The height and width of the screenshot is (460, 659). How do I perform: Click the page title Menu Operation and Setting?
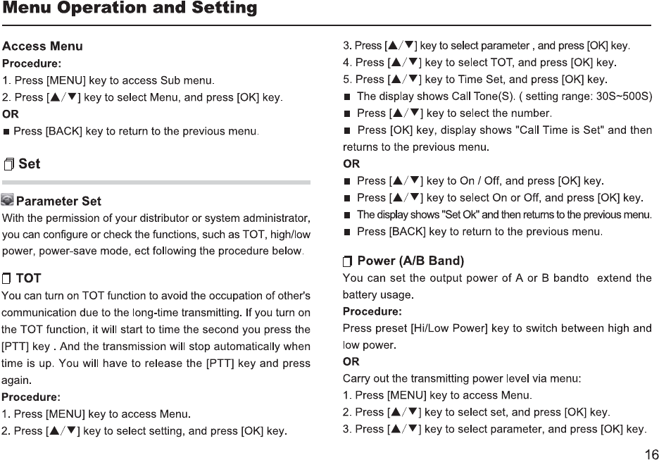pos(129,9)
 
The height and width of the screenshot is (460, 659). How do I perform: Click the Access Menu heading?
pos(42,46)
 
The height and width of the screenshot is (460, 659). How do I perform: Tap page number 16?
pos(651,453)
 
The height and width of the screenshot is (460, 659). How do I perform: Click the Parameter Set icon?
pos(8,201)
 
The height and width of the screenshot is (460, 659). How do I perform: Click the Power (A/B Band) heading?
pos(410,261)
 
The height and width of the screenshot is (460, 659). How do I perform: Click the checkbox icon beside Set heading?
pos(9,165)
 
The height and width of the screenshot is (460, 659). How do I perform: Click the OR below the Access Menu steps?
pos(11,113)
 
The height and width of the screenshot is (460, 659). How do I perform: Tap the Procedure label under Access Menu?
pos(31,63)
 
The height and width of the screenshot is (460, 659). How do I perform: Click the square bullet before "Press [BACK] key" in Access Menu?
pos(7,132)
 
